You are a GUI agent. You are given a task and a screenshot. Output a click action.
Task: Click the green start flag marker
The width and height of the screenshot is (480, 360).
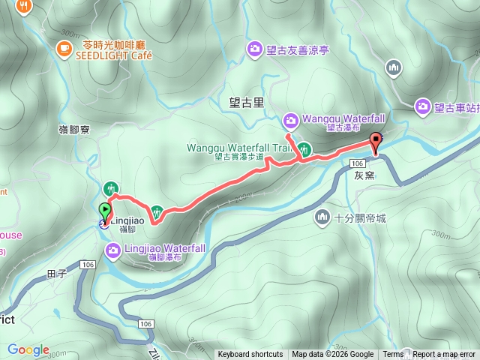(x=105, y=211)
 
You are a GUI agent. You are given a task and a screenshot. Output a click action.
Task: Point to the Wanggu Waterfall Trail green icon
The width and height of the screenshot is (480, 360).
(x=304, y=148)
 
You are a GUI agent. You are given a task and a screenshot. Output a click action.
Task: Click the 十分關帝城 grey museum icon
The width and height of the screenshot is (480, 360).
(x=322, y=217)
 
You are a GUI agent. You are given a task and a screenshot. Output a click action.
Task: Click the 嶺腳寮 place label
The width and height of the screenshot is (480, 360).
(x=74, y=129)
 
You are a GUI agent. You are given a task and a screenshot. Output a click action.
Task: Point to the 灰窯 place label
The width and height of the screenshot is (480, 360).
(x=364, y=175)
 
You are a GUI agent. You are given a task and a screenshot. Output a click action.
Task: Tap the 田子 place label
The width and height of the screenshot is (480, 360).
(x=57, y=274)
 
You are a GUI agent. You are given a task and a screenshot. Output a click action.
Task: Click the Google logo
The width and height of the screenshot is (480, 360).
(x=28, y=349)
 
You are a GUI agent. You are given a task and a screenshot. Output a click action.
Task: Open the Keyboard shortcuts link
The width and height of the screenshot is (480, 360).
(x=250, y=355)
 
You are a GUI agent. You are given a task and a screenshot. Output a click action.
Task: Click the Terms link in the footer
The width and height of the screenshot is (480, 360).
(x=393, y=355)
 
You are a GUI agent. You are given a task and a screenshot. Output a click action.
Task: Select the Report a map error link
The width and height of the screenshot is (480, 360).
(x=444, y=355)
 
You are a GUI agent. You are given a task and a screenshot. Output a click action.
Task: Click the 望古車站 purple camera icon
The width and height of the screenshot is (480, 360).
(x=423, y=107)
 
